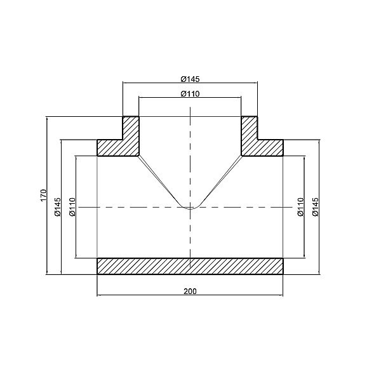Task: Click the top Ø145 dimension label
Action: (x=190, y=79)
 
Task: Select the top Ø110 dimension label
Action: (x=190, y=94)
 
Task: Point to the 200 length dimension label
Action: (x=190, y=291)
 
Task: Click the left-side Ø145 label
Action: (x=58, y=207)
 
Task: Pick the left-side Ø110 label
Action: (x=72, y=207)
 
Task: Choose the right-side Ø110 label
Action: (x=301, y=207)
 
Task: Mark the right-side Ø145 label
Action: (x=316, y=207)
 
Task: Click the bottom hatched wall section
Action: (x=190, y=266)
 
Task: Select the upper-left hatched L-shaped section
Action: (x=124, y=141)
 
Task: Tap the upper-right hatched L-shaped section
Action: (x=257, y=141)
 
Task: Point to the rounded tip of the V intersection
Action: (x=190, y=206)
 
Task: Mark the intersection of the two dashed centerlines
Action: (x=190, y=207)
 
